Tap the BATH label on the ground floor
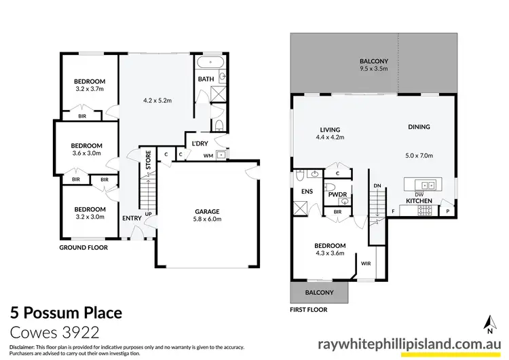point(206,79)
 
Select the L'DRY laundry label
point(200,143)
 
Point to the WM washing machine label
point(208,155)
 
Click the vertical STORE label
point(149,162)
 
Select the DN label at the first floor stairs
point(377,185)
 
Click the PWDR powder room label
point(338,195)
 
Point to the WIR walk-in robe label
point(366,263)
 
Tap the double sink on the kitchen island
point(424,184)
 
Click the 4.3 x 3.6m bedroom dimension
point(330,253)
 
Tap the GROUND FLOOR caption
point(83,248)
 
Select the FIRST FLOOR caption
point(309,309)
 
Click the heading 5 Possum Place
point(66,313)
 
